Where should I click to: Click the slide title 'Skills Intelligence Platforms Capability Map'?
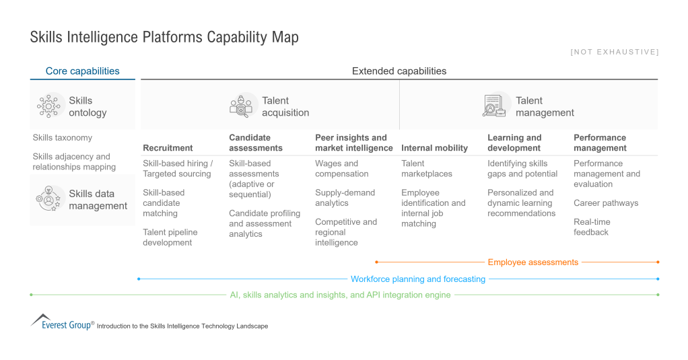(x=164, y=37)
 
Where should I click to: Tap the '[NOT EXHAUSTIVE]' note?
(x=615, y=52)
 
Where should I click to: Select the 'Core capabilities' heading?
(x=82, y=71)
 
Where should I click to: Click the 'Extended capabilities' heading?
(x=399, y=71)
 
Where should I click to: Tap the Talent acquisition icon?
(x=241, y=106)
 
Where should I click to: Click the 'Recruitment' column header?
(x=168, y=148)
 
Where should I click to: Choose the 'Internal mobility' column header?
(x=434, y=148)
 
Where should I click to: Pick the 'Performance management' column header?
(x=600, y=143)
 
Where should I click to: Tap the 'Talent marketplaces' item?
(x=427, y=168)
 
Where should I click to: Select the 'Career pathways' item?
(x=606, y=203)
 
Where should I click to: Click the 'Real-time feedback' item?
(x=591, y=227)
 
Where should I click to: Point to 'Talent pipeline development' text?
(x=170, y=237)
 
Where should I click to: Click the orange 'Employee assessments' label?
(x=532, y=262)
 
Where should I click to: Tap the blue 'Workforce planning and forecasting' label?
(x=417, y=279)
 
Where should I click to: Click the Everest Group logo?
(x=61, y=322)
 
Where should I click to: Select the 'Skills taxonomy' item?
(x=63, y=138)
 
